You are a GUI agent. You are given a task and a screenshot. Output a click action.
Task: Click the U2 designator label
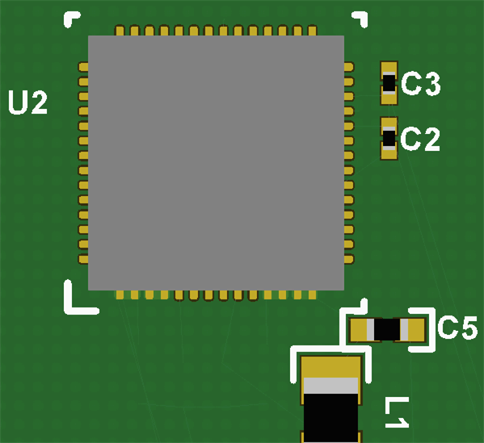(x=27, y=103)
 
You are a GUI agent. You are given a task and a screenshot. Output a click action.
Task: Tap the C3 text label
(x=421, y=84)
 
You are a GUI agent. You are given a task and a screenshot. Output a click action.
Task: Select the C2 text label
(x=421, y=139)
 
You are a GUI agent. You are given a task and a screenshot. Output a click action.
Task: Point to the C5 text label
(x=457, y=328)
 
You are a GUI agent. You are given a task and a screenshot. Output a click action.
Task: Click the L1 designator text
(x=396, y=412)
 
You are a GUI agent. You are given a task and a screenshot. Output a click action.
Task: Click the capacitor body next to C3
(x=389, y=82)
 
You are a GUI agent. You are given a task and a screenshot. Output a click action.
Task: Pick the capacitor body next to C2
(x=389, y=139)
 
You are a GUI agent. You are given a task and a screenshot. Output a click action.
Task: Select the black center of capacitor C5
(x=387, y=329)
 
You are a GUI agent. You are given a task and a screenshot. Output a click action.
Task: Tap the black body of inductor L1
(x=330, y=416)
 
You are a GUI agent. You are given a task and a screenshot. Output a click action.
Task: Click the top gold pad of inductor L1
(x=330, y=366)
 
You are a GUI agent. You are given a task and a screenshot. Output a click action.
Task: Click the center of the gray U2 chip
(x=216, y=162)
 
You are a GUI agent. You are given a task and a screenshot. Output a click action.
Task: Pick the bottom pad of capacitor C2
(x=389, y=153)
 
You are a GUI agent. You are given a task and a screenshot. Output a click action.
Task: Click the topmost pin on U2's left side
(x=83, y=66)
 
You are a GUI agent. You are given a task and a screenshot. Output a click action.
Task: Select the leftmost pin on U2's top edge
(x=120, y=31)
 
